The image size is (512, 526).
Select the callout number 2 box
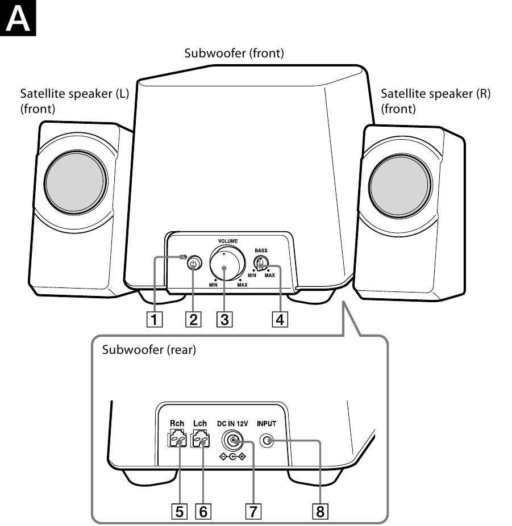[194, 319]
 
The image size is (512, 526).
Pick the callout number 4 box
[280, 319]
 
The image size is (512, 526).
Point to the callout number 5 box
[180, 512]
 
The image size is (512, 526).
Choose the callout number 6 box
[202, 512]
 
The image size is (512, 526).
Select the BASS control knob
[259, 264]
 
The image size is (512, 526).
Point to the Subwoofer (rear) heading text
[149, 350]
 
